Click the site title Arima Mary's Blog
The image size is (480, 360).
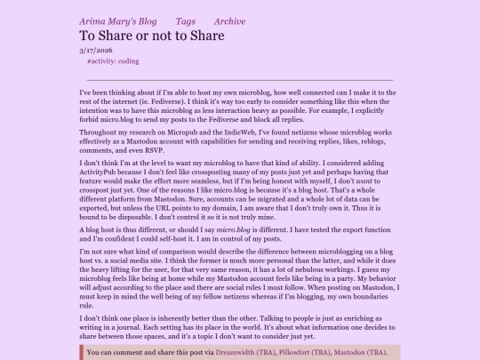click(118, 21)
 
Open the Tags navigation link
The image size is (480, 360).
click(186, 21)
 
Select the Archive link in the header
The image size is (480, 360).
click(229, 21)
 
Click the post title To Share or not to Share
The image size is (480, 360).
click(152, 36)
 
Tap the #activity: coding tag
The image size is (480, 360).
click(113, 61)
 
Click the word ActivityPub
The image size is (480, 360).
click(100, 173)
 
